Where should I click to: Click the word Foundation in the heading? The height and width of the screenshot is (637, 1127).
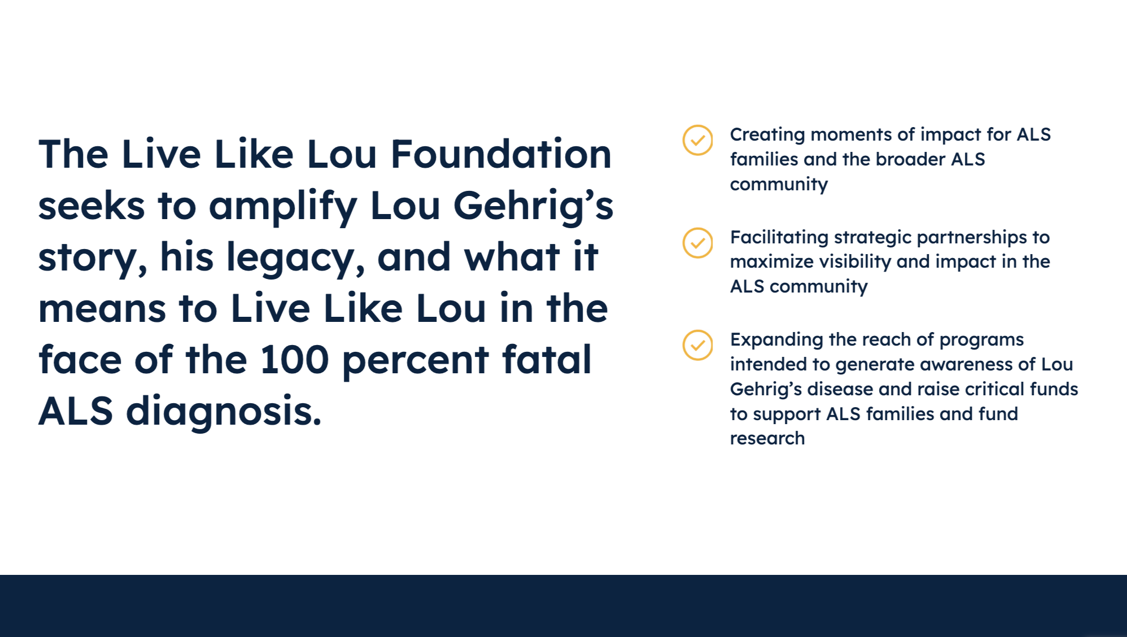point(501,154)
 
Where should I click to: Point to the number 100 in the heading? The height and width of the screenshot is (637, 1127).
point(294,360)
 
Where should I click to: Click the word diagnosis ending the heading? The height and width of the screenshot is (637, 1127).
point(224,412)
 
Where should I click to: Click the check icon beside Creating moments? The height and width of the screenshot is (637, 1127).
point(698,140)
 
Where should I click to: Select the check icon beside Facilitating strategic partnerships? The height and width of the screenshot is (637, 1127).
point(698,243)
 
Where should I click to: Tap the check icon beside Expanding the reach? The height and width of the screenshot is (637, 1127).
point(698,345)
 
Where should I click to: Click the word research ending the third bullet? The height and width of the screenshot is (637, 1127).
point(767,439)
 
